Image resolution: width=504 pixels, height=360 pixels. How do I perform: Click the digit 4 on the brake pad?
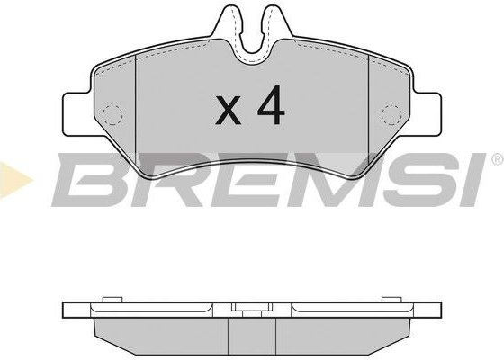pyautogui.click(x=271, y=105)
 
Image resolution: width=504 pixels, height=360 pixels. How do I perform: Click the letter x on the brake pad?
pyautogui.click(x=229, y=110)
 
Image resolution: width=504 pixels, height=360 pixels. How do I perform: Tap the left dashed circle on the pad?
pyautogui.click(x=112, y=115)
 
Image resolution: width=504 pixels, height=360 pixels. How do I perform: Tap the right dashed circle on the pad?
pyautogui.click(x=391, y=115)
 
